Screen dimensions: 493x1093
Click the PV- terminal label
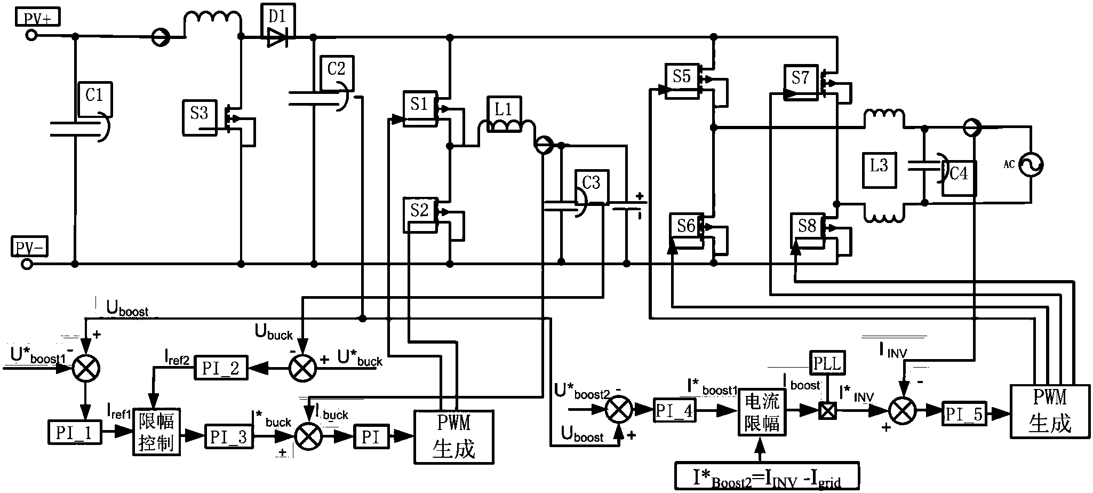coord(30,248)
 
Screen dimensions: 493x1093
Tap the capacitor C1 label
coord(95,98)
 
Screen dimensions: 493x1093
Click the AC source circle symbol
coord(1030,165)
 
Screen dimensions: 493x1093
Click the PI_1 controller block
coord(74,432)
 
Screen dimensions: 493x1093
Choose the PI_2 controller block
coord(221,368)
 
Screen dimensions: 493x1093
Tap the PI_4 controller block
coord(674,410)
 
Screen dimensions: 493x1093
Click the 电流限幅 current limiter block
coord(762,412)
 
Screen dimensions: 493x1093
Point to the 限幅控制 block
coord(156,432)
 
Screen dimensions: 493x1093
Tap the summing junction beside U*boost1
coord(86,368)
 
